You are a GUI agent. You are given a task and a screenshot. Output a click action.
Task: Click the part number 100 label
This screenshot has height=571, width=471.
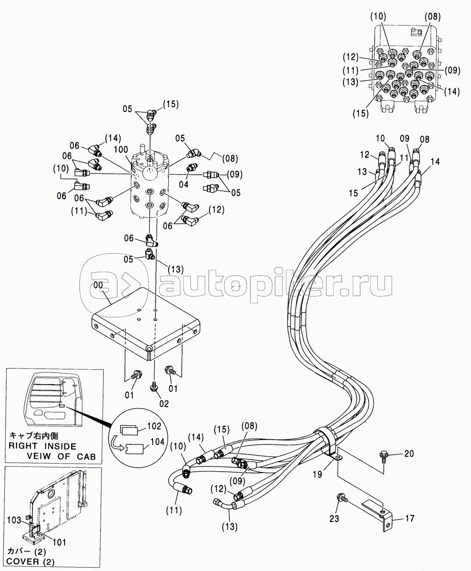click(x=121, y=150)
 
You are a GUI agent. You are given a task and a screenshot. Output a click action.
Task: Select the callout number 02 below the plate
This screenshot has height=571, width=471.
click(x=164, y=404)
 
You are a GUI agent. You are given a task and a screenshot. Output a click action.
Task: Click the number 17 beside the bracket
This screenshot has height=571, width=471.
click(x=409, y=518)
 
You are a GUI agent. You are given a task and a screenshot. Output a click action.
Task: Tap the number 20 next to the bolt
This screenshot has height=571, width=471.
click(x=409, y=454)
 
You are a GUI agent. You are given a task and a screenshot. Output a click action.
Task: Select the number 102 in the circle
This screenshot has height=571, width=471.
click(x=154, y=427)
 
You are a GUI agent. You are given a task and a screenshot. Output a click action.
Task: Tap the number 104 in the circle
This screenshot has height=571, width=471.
click(x=157, y=442)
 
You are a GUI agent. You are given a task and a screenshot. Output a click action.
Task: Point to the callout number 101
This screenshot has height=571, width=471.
click(x=59, y=542)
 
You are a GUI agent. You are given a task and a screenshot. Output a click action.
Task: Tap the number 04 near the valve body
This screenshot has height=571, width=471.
click(x=183, y=184)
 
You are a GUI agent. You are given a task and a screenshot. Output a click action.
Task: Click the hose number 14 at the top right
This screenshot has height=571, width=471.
click(x=435, y=162)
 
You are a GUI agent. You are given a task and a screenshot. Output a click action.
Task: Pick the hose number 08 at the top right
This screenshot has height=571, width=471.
click(x=425, y=139)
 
